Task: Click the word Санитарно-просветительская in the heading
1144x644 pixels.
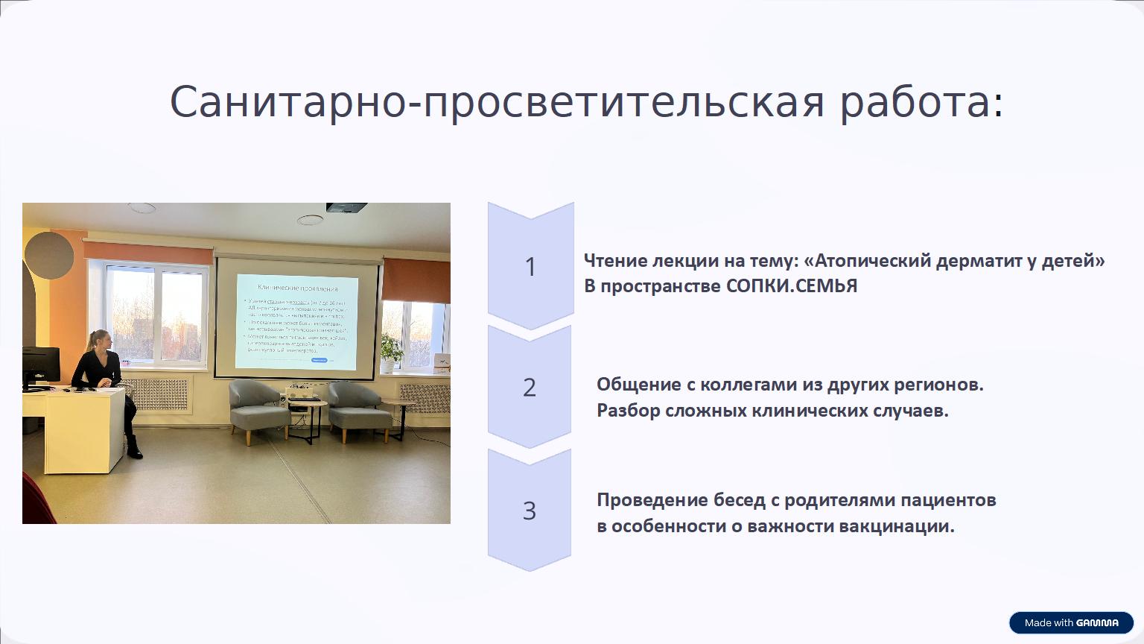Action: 497,102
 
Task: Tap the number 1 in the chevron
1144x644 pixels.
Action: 530,267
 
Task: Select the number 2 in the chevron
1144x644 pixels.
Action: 530,388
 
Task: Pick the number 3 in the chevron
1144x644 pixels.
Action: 530,511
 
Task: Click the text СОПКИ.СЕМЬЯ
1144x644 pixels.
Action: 792,286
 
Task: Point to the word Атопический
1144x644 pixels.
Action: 867,261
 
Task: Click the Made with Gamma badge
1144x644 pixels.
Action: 1071,622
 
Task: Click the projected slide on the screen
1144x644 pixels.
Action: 297,321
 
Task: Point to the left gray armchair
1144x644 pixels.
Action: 257,406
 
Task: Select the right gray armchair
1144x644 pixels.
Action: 359,408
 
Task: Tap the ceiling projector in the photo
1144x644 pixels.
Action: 346,207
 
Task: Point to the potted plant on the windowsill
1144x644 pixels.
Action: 392,350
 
